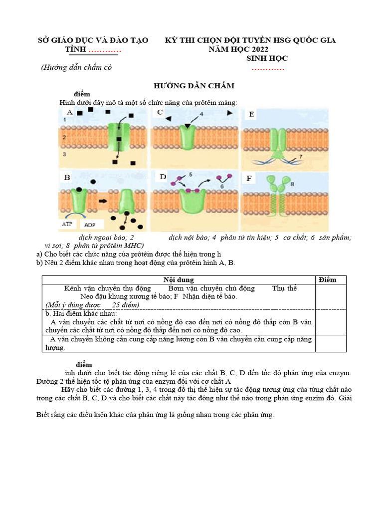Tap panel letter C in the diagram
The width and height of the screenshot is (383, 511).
[x=160, y=112]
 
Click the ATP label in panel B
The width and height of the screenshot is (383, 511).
[x=67, y=224]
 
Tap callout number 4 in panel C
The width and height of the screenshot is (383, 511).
[x=201, y=114]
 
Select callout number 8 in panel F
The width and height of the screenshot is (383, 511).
[x=293, y=184]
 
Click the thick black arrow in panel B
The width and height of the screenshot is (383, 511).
[x=103, y=201]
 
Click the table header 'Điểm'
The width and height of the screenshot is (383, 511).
[x=327, y=280]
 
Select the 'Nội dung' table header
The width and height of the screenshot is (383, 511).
[x=179, y=280]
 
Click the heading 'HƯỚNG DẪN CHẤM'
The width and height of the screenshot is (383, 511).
[x=193, y=86]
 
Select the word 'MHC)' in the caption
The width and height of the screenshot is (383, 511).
[x=133, y=246]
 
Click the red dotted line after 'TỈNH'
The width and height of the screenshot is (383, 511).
[x=105, y=50]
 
